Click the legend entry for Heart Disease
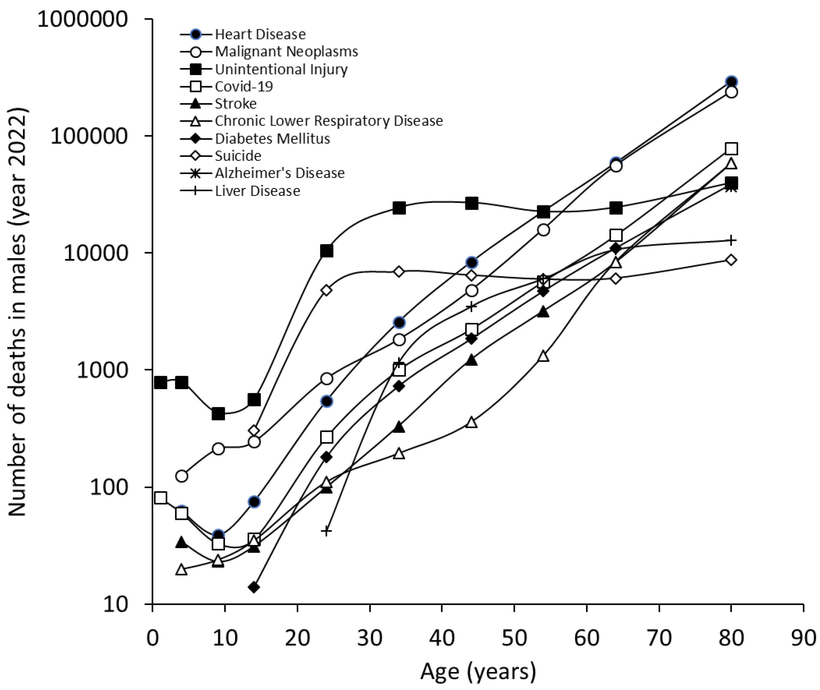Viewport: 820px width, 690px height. pos(260,34)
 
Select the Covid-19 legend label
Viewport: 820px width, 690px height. pos(244,86)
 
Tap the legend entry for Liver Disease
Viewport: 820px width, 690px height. pos(257,191)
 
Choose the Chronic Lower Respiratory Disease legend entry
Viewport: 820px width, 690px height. pos(329,121)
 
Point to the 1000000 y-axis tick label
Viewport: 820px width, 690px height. pos(83,19)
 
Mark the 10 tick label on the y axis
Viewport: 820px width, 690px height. pos(115,604)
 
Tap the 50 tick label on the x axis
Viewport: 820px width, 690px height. pos(514,638)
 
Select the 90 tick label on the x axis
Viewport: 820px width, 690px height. pos(803,638)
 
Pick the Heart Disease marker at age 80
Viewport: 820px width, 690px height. pos(731,82)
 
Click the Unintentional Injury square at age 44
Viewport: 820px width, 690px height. pos(472,203)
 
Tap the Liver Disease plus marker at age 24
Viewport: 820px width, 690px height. pos(326,531)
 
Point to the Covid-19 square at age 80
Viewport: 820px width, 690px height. pos(731,149)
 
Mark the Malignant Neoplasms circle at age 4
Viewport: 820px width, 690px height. pos(182,476)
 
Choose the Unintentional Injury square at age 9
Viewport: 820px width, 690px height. pos(218,413)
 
